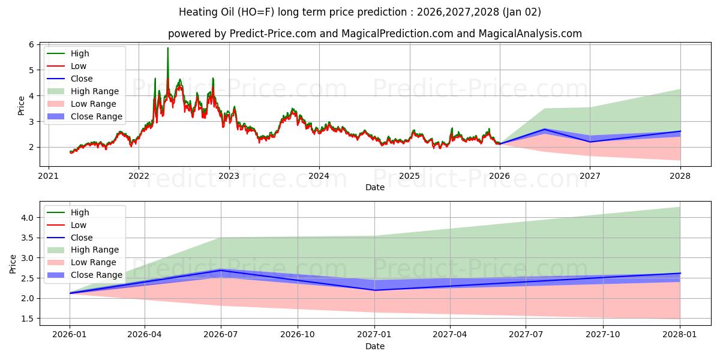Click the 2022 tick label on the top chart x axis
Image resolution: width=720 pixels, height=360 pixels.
(139, 176)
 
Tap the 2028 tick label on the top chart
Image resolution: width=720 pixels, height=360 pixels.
(680, 176)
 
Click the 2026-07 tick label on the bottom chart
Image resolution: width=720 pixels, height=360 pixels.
(221, 334)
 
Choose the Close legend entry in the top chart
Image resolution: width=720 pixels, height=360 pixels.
(82, 79)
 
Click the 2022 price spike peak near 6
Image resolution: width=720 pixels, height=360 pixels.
(168, 49)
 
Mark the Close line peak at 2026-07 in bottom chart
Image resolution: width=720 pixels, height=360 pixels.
(221, 270)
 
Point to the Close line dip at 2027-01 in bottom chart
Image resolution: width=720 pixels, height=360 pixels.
(375, 290)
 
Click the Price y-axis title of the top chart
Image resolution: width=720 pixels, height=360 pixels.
(22, 105)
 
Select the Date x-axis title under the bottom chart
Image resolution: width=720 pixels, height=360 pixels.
(375, 346)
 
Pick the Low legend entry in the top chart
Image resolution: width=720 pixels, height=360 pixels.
(79, 66)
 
